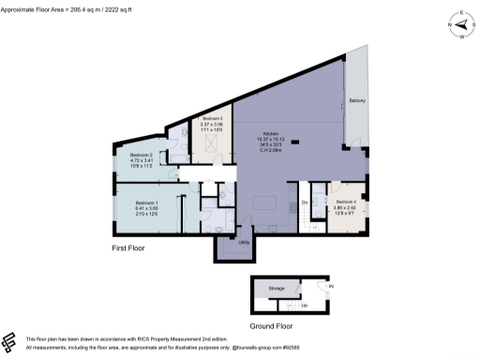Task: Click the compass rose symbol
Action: coord(460,26)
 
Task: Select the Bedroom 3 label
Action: coord(212,119)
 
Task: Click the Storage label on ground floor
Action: coord(276,288)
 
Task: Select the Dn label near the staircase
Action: coord(305,202)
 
